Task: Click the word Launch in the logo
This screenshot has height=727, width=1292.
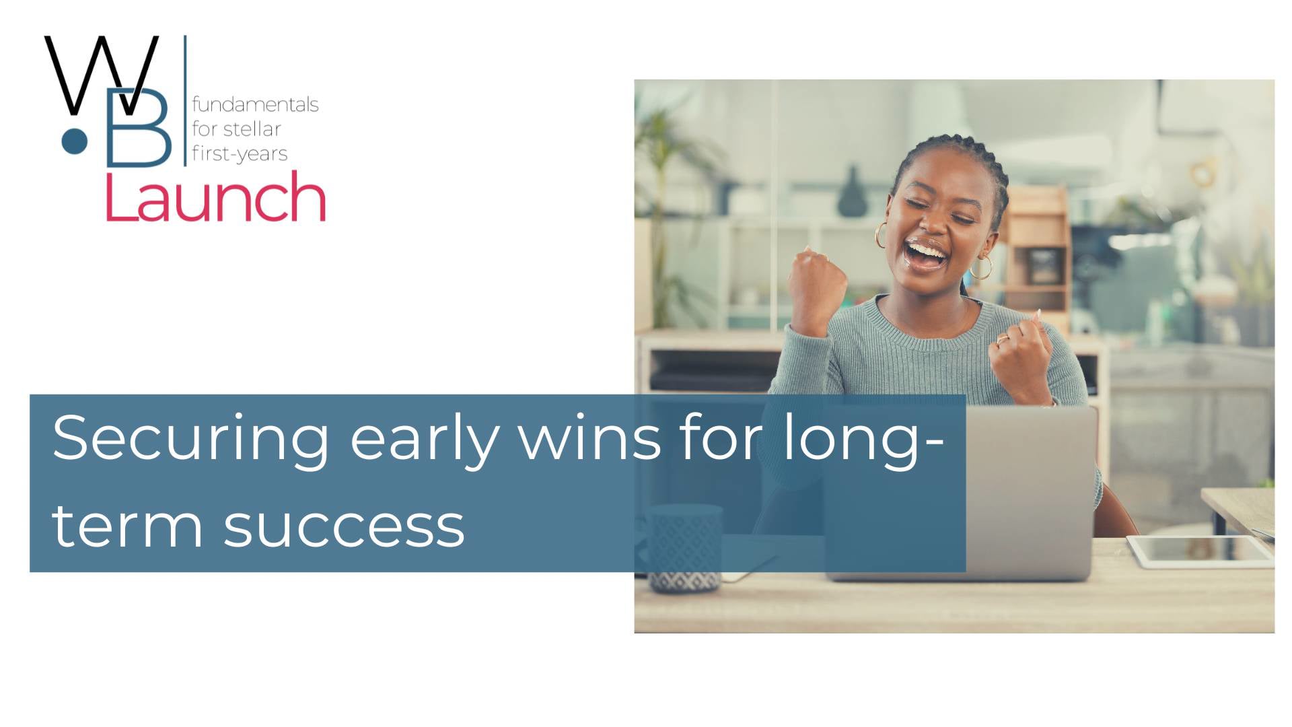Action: pyautogui.click(x=215, y=197)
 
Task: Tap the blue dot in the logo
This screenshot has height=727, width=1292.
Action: pyautogui.click(x=75, y=141)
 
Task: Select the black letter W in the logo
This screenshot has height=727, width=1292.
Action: pyautogui.click(x=101, y=74)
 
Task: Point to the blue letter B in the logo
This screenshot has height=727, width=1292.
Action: pyautogui.click(x=139, y=128)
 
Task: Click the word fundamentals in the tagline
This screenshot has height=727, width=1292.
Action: pyautogui.click(x=255, y=104)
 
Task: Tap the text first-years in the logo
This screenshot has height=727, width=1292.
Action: pyautogui.click(x=240, y=153)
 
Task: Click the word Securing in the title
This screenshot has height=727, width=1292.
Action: pyautogui.click(x=190, y=439)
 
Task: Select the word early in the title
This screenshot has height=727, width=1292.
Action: pyautogui.click(x=424, y=439)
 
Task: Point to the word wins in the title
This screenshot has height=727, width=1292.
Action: pyautogui.click(x=589, y=439)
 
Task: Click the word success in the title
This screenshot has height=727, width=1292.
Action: pyautogui.click(x=344, y=526)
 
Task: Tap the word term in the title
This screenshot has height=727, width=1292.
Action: pyautogui.click(x=127, y=526)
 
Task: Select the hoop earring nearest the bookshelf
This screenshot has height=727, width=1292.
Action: pyautogui.click(x=980, y=267)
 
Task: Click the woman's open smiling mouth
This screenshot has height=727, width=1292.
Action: pyautogui.click(x=925, y=254)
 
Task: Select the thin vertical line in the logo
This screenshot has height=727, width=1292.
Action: pyautogui.click(x=185, y=101)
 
